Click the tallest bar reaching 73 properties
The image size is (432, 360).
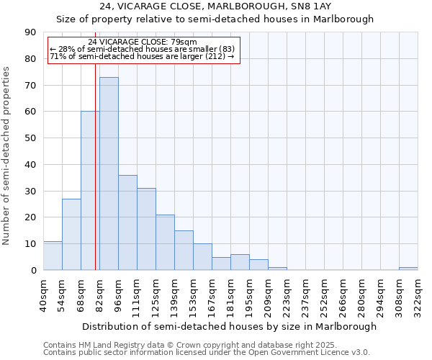(x=109, y=174)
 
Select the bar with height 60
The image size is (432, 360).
(x=90, y=191)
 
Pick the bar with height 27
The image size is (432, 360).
(x=71, y=234)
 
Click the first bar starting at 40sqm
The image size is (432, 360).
(x=53, y=256)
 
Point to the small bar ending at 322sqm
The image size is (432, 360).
(x=408, y=269)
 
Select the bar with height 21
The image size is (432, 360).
(x=165, y=243)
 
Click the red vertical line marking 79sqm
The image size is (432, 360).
(x=96, y=180)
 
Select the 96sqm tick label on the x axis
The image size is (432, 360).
(x=118, y=295)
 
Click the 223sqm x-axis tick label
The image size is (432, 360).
(x=287, y=295)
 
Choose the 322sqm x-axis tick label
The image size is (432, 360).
(x=418, y=295)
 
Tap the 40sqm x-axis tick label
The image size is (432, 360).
(x=43, y=295)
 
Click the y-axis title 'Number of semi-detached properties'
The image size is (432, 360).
(x=7, y=156)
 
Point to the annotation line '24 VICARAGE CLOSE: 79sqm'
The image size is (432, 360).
(x=142, y=42)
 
